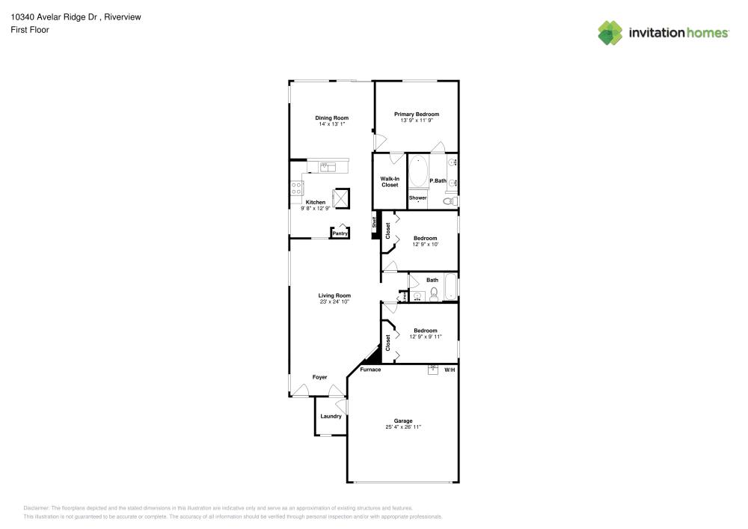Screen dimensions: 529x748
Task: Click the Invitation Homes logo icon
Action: tap(610, 32)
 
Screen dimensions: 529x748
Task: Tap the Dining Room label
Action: tap(331, 117)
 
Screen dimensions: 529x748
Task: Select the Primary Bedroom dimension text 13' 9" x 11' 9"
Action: tap(417, 120)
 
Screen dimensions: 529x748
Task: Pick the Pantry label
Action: tap(340, 233)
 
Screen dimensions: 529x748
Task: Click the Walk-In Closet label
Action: tap(390, 182)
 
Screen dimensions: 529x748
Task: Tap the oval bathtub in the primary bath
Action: tap(417, 172)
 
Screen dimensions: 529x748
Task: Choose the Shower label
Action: tap(417, 198)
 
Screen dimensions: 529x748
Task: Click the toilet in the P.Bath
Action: tap(450, 201)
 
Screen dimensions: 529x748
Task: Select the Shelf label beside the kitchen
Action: tap(375, 221)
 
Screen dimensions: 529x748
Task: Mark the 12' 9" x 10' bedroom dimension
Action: tap(425, 244)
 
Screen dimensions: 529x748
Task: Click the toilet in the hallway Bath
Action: tap(434, 296)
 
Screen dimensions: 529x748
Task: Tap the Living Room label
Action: tap(334, 296)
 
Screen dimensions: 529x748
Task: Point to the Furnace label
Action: tap(370, 370)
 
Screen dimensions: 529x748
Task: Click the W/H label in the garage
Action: tap(450, 370)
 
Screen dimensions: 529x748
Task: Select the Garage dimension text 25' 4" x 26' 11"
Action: tap(403, 426)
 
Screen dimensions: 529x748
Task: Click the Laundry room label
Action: tap(331, 416)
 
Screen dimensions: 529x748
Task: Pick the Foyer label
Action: tap(319, 376)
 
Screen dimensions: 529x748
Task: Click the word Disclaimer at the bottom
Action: tap(37, 507)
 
